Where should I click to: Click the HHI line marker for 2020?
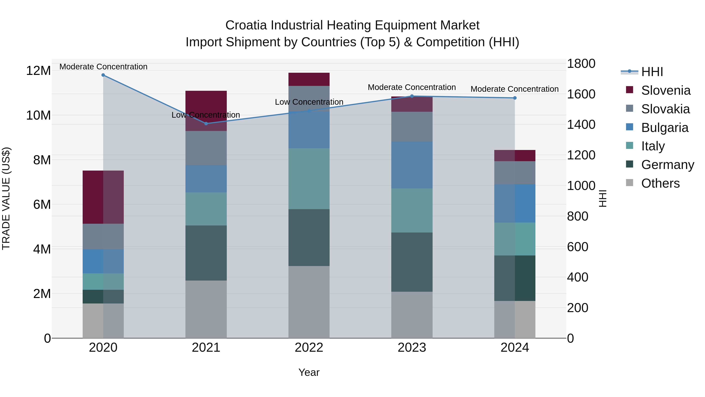[103, 75]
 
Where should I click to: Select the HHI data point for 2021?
[206, 124]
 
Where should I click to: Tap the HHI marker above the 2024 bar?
[515, 98]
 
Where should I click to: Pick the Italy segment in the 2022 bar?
[309, 179]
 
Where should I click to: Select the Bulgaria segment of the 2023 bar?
[412, 165]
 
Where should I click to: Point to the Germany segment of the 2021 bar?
[206, 253]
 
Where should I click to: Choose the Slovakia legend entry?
[665, 109]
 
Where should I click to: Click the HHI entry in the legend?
[652, 72]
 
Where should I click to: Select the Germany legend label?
[668, 165]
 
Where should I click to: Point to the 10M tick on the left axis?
[38, 115]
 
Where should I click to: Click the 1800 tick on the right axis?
[581, 64]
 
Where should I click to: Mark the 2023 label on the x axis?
[412, 348]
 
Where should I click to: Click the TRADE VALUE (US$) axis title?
[6, 198]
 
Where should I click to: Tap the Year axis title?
[309, 372]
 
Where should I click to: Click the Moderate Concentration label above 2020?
[103, 67]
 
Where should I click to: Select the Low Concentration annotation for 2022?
[309, 102]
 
